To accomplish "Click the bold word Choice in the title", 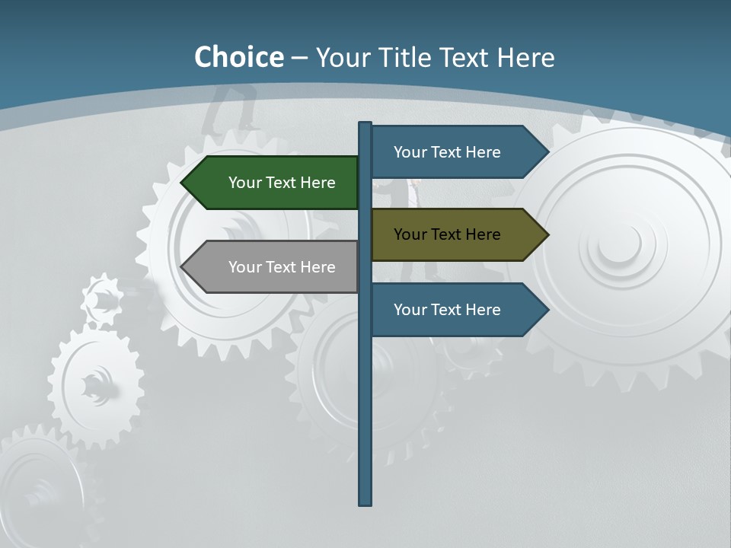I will tap(238, 57).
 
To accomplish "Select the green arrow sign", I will tap(274, 183).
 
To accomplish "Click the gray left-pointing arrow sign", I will tap(274, 267).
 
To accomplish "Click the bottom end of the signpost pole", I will tap(365, 502).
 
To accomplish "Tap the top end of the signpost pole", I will tap(365, 125).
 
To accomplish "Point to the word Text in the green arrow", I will tap(281, 183).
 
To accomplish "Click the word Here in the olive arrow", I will tap(483, 234).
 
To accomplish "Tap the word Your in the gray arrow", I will tap(244, 267).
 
